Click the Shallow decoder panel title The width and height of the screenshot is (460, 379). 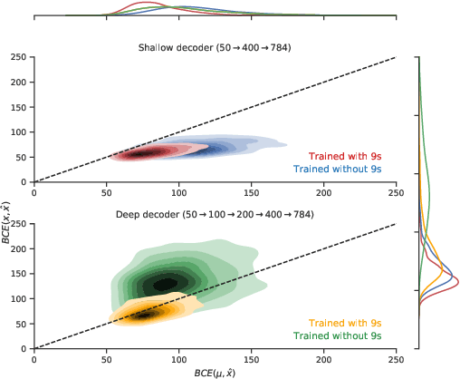coord(215,47)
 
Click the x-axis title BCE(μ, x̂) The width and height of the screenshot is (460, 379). coord(215,372)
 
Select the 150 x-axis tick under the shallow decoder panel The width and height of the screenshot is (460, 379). coord(251,191)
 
